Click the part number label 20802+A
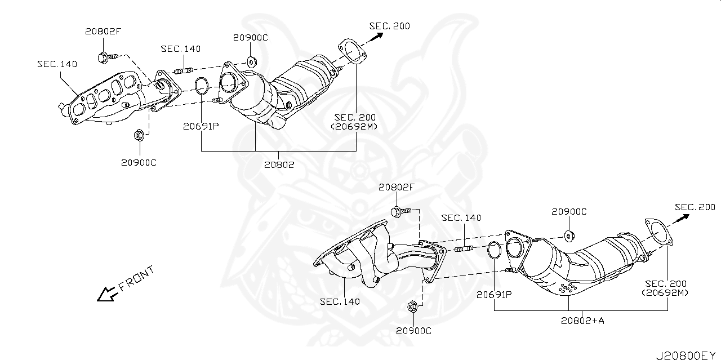[x=582, y=321]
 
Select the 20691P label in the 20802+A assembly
[x=493, y=294]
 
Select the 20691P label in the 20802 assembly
[x=200, y=126]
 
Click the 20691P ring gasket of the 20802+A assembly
[x=494, y=250]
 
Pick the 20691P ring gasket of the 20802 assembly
[x=202, y=86]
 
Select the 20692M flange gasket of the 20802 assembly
[x=350, y=50]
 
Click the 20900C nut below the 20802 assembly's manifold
[x=138, y=136]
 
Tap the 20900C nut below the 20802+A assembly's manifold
[x=412, y=307]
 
